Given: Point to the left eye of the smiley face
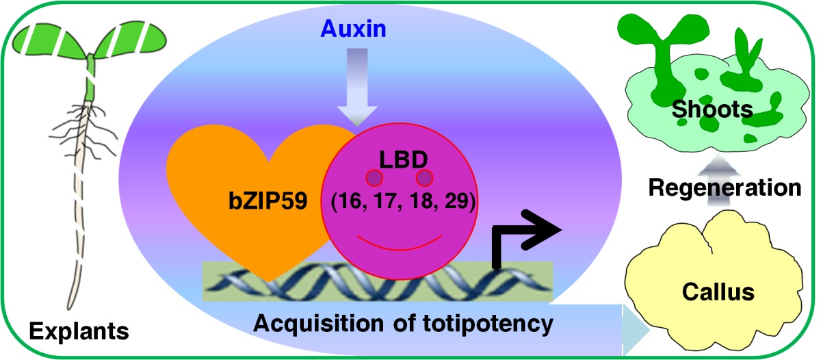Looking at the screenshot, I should click(x=374, y=179).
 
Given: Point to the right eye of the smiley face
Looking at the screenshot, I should click(x=425, y=179).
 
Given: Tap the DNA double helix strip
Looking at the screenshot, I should click(x=376, y=281).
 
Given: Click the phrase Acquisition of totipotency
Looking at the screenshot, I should click(x=402, y=322).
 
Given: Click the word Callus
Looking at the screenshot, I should click(x=718, y=292).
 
